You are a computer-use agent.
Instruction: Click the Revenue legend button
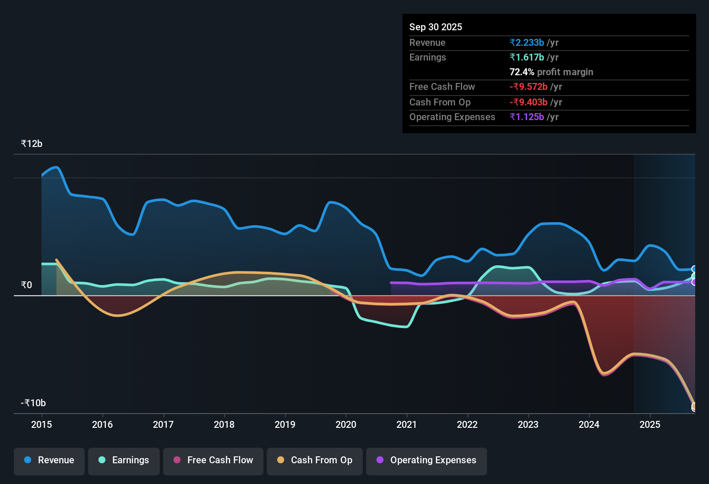click(x=49, y=460)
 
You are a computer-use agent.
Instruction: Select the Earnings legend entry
click(x=124, y=460)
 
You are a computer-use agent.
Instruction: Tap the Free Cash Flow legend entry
click(x=213, y=460)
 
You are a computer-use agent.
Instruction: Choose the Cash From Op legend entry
click(x=315, y=460)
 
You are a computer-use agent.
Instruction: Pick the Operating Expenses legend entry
click(x=427, y=460)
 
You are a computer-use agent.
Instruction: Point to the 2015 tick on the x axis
click(x=41, y=424)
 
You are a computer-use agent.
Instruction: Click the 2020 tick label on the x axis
click(x=346, y=424)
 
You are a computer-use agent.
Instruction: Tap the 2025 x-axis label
click(x=650, y=424)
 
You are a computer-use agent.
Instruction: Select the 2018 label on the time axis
click(x=224, y=424)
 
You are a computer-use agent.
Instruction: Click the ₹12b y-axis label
click(x=32, y=144)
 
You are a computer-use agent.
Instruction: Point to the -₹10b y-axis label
click(x=33, y=403)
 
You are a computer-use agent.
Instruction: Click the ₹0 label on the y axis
click(x=26, y=285)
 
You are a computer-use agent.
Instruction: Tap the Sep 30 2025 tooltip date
click(x=436, y=27)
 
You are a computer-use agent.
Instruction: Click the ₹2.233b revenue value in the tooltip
click(x=527, y=42)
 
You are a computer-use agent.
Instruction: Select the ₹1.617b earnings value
click(x=527, y=57)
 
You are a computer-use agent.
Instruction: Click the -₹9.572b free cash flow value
click(x=529, y=86)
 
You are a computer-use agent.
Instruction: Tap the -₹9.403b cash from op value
click(x=529, y=102)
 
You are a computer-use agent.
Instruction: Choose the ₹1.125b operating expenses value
click(x=527, y=117)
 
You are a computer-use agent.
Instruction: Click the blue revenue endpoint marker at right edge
click(x=694, y=269)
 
